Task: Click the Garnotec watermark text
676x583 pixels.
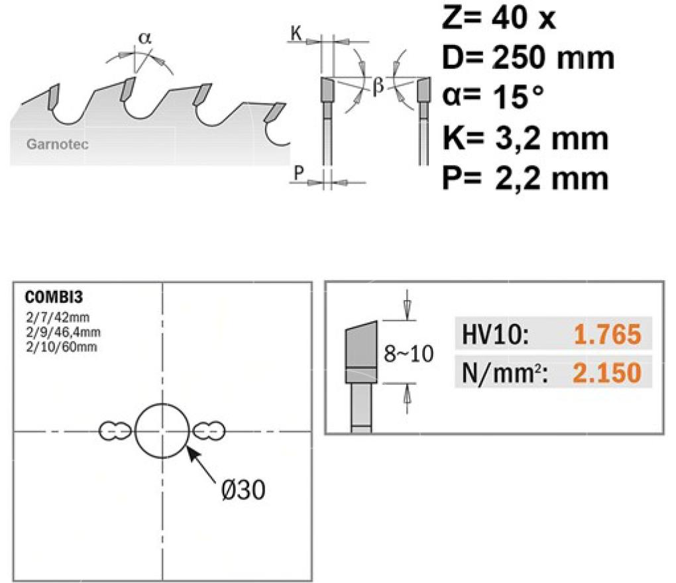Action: coord(58,144)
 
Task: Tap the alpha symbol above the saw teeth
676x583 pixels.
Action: coord(145,38)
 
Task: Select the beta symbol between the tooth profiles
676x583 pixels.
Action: coord(378,86)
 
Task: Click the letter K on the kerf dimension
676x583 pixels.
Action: coord(296,33)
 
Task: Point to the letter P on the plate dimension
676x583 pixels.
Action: coord(299,173)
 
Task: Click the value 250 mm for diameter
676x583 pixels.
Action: coord(553,58)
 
